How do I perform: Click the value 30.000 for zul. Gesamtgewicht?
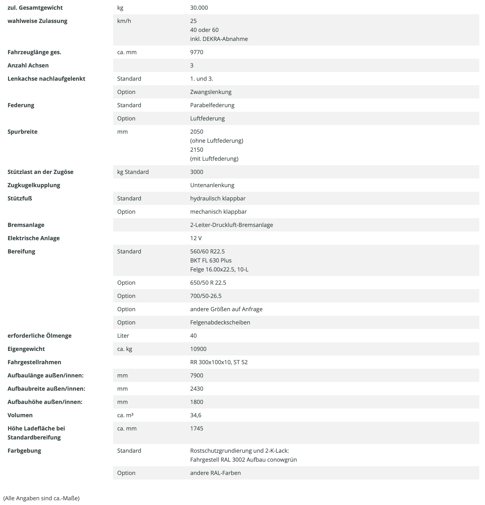pos(199,8)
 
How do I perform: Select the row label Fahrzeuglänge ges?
pos(34,52)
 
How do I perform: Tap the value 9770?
pos(197,52)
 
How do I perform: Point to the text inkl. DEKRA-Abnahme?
pos(219,39)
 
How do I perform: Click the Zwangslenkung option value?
pos(211,92)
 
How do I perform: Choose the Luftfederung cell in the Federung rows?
pos(207,119)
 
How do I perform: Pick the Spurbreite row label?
pos(22,132)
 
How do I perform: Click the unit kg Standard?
pos(133,172)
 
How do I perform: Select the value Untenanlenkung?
pos(212,185)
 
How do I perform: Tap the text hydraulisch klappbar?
pos(218,198)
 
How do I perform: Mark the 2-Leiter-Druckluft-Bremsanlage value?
pos(232,225)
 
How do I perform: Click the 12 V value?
pos(196,238)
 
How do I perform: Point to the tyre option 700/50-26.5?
pos(206,296)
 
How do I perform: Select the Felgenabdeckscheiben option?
pos(220,323)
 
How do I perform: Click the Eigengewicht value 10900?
pos(198,349)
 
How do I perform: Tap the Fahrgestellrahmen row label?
pos(34,362)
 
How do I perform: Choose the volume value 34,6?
pos(196,415)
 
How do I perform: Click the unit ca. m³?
pos(125,415)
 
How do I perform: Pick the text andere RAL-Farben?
pos(215,473)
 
